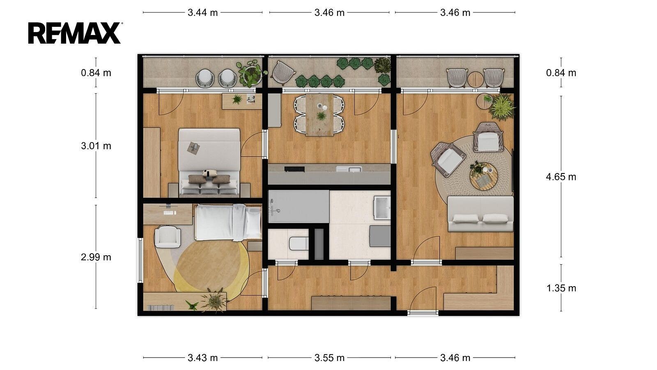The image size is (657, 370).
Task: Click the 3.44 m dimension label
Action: (x=203, y=13)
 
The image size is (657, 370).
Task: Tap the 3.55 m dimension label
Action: (x=329, y=358)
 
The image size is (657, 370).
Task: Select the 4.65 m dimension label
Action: (x=561, y=177)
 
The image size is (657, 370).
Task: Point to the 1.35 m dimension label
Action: (x=561, y=288)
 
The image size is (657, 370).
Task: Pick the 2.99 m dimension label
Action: (x=96, y=257)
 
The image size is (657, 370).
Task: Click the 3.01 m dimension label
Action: (x=96, y=146)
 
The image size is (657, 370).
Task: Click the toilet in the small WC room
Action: (x=299, y=243)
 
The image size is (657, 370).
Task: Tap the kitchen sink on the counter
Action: (x=349, y=169)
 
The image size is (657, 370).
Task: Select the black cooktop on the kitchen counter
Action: (x=294, y=169)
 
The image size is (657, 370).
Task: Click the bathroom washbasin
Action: (x=382, y=208)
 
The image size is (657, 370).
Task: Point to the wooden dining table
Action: (x=319, y=115)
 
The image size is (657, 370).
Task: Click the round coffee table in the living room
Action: (x=484, y=176)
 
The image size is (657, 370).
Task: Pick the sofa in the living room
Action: (x=480, y=214)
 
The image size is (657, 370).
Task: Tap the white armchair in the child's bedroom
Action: (x=168, y=236)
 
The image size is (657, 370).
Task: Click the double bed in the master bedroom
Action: (x=209, y=162)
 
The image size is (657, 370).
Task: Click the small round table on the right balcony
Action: (x=476, y=80)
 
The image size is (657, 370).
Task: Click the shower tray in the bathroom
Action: (x=299, y=206)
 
